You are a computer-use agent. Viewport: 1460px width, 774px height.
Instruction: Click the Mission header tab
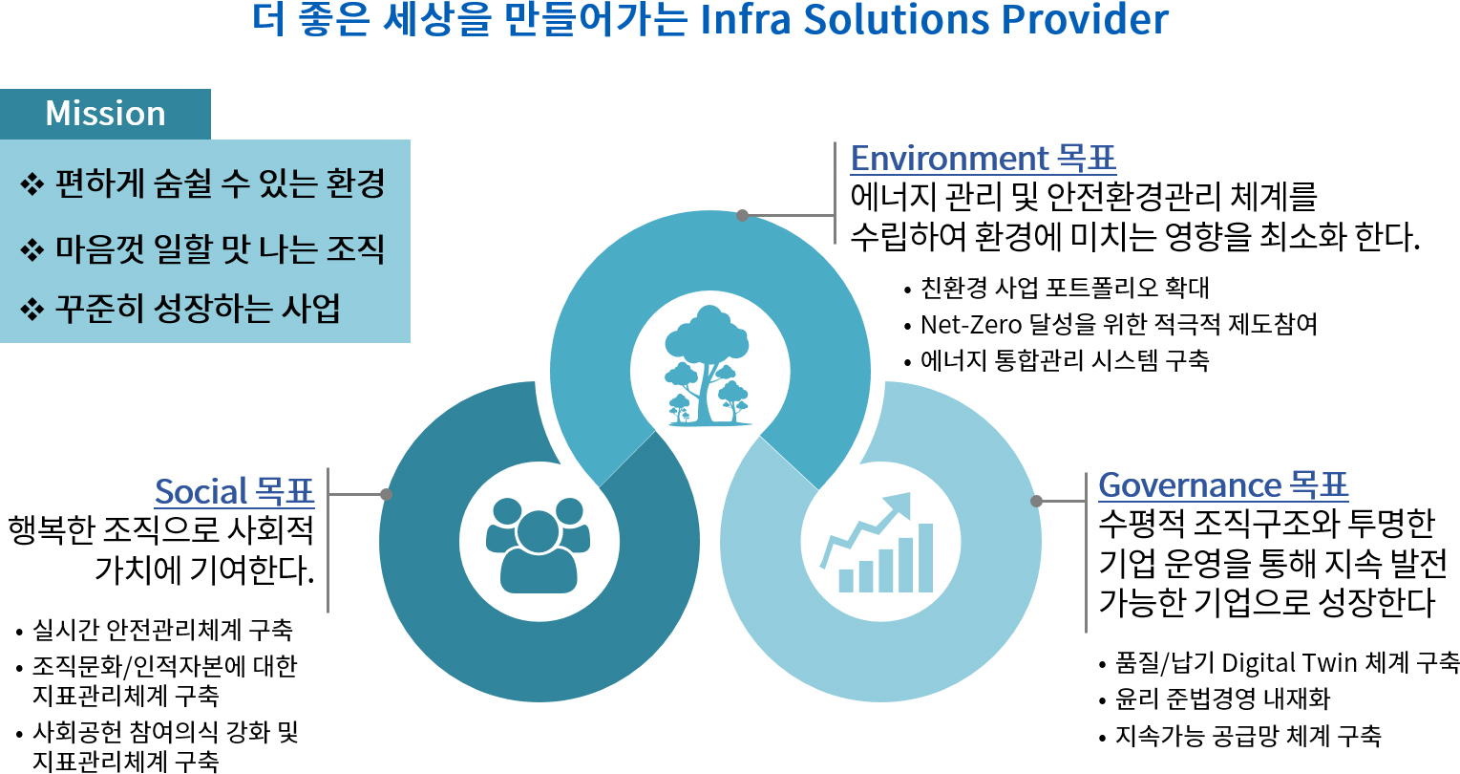105,114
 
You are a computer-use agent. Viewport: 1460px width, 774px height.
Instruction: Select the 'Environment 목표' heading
983,159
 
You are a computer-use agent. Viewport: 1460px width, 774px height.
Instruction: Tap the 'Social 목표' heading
235,491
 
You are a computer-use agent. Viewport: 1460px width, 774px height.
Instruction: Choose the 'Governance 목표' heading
1223,485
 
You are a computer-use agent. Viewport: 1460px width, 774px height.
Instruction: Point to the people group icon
538,545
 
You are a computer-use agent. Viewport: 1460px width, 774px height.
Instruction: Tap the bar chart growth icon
878,543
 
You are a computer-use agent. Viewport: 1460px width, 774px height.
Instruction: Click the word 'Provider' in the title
1085,19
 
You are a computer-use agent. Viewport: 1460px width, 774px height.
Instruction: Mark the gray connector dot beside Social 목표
386,494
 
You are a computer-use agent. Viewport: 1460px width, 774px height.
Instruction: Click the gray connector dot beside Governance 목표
1036,501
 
